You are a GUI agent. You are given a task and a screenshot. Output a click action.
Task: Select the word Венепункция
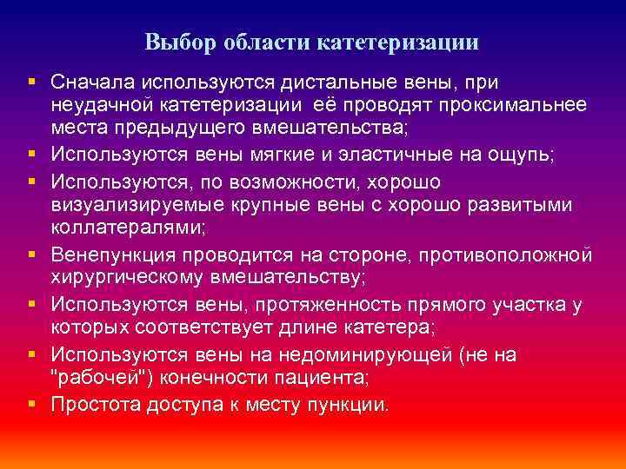(x=112, y=254)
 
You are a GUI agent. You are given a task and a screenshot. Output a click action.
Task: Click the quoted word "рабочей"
(x=93, y=379)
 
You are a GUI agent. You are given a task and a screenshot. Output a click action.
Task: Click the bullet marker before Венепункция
(x=31, y=254)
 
